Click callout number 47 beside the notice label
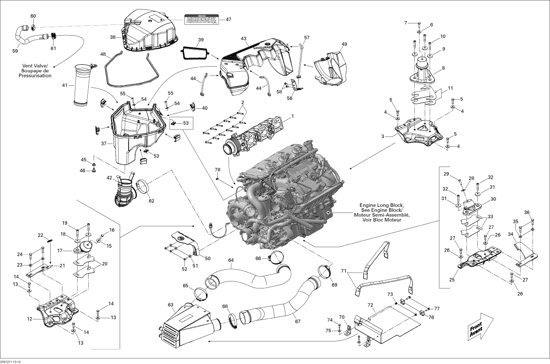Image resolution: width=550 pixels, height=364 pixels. point(229,19)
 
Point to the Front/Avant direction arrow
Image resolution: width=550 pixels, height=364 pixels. point(478,327)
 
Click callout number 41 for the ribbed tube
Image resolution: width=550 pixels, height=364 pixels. point(65,85)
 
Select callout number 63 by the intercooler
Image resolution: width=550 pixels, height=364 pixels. point(171,304)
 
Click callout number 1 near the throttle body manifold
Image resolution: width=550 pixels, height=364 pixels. point(292,116)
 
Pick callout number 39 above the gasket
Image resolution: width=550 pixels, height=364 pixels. point(200,40)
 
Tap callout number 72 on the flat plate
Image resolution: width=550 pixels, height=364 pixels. point(370,305)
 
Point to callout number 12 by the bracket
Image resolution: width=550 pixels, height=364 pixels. point(29,319)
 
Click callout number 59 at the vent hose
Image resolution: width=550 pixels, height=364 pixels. point(15,51)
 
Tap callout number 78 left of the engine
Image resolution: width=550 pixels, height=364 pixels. point(217,169)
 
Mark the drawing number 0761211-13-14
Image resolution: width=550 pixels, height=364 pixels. point(10,361)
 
